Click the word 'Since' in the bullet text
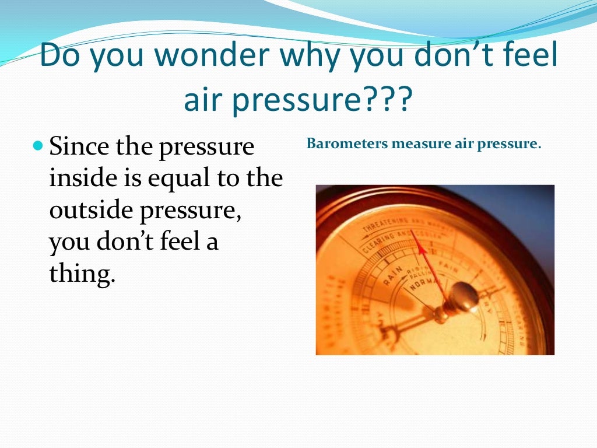[79, 146]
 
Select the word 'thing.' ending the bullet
[82, 273]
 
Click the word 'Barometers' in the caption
[347, 143]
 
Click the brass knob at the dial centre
[464, 295]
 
